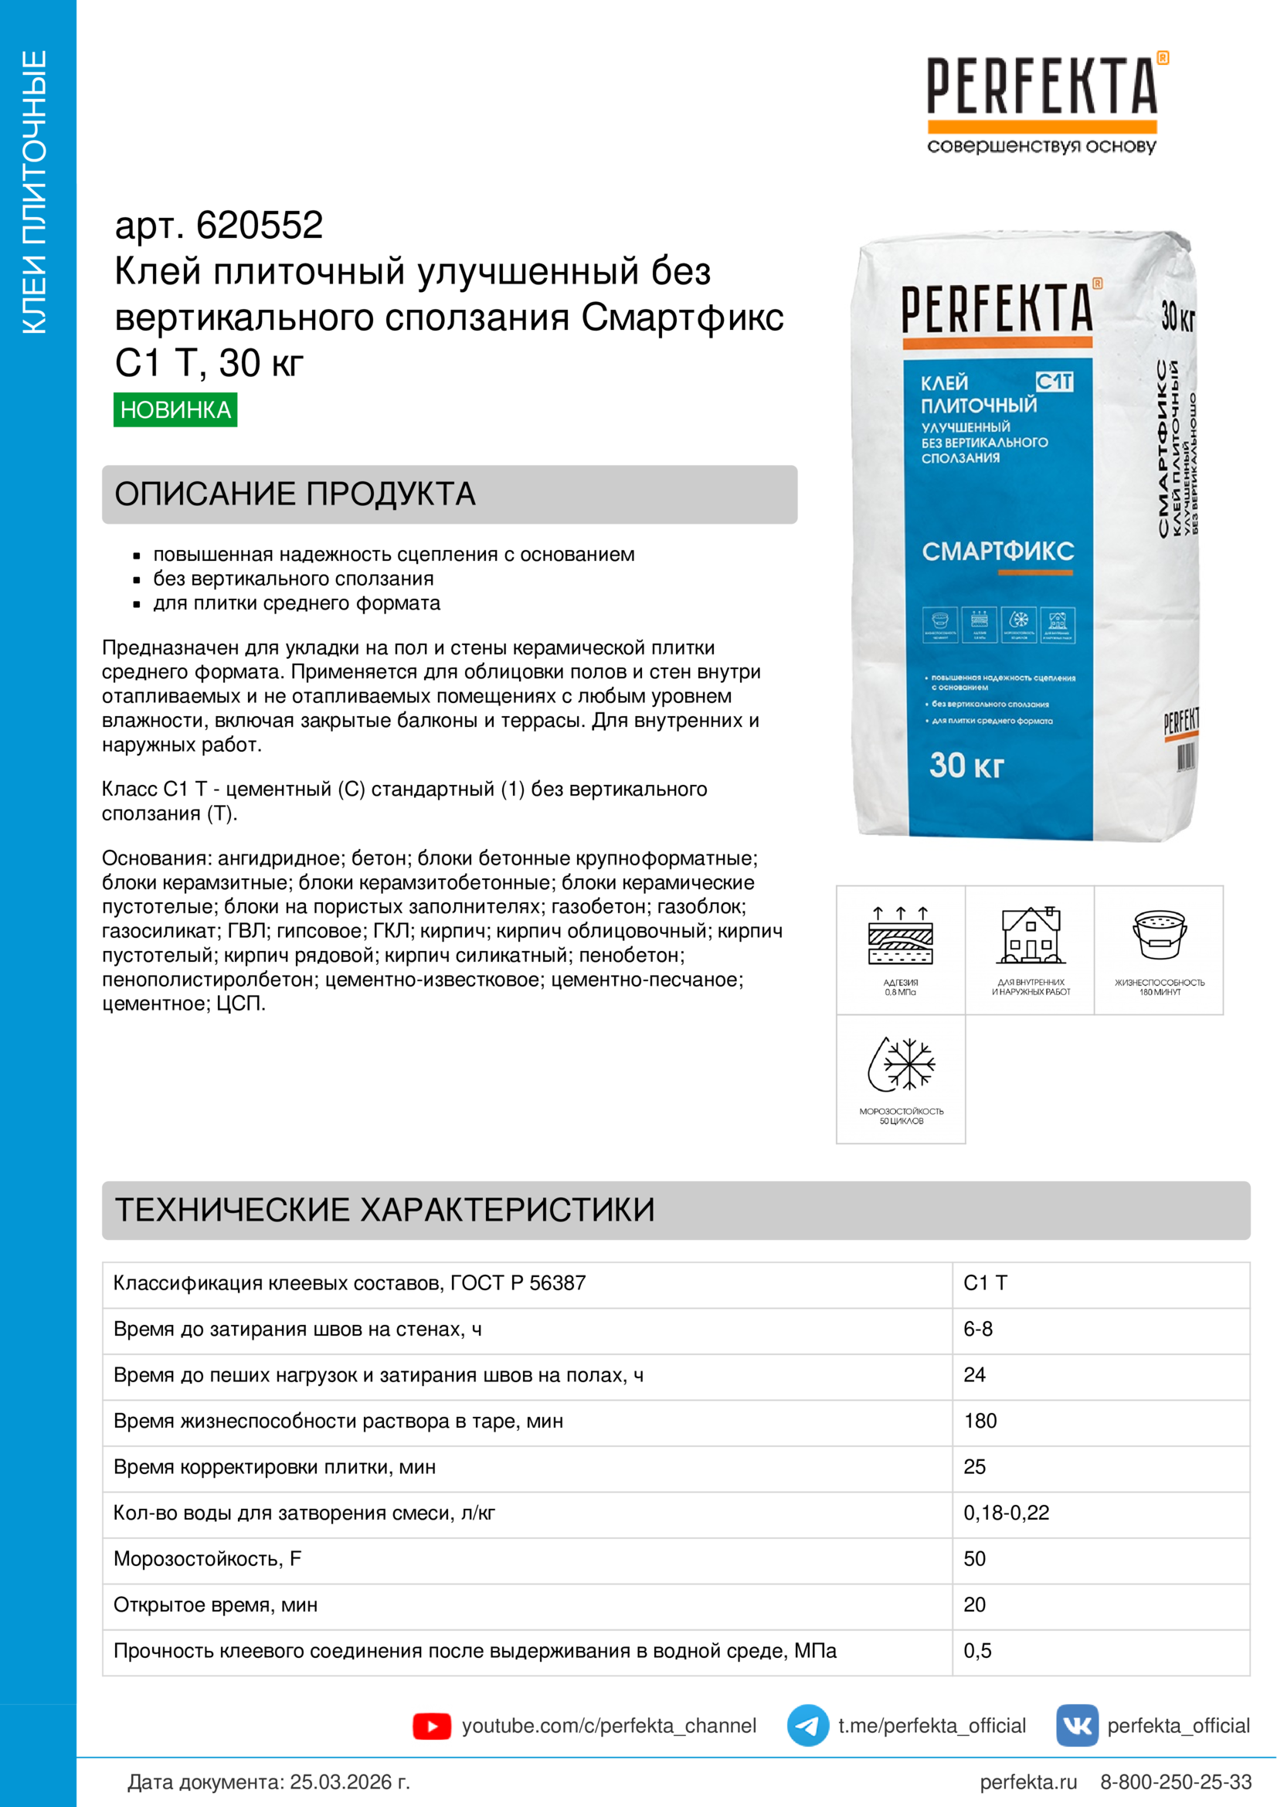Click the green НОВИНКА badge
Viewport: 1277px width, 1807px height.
click(x=175, y=409)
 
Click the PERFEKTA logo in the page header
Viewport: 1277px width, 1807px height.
click(x=1042, y=102)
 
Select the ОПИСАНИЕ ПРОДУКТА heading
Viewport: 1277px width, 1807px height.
click(x=295, y=494)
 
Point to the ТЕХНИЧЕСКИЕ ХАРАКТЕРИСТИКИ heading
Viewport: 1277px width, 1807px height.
click(x=385, y=1210)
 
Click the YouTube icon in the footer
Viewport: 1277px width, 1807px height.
click(x=431, y=1726)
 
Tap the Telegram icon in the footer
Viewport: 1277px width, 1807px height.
click(x=807, y=1726)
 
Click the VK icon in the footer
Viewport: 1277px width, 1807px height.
click(x=1076, y=1726)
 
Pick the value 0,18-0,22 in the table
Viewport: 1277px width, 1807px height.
click(x=1007, y=1513)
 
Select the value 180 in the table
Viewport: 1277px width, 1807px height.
click(x=980, y=1421)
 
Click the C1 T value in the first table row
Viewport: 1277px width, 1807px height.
click(x=985, y=1283)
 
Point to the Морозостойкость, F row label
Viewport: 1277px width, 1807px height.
click(x=207, y=1558)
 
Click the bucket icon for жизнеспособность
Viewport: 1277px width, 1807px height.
click(x=1159, y=935)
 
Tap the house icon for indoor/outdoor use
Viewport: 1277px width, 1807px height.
click(x=1031, y=935)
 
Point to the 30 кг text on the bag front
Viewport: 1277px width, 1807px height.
click(x=966, y=765)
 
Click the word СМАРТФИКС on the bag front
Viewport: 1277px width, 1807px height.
click(x=997, y=551)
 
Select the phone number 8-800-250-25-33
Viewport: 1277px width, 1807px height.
click(x=1176, y=1782)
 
